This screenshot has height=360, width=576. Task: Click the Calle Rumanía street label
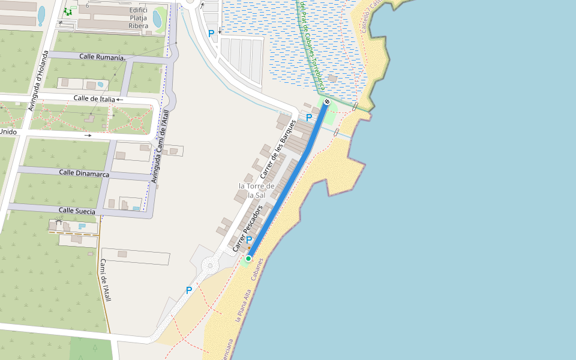pyautogui.click(x=101, y=57)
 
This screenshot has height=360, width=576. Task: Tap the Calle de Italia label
pyautogui.click(x=94, y=98)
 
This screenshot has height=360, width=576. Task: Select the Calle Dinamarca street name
pyautogui.click(x=84, y=173)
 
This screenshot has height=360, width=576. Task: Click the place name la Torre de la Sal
pyautogui.click(x=256, y=190)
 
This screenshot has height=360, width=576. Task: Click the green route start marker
pyautogui.click(x=248, y=259)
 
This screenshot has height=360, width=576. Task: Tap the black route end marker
pyautogui.click(x=327, y=102)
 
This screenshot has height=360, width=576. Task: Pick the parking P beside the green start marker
pyautogui.click(x=249, y=240)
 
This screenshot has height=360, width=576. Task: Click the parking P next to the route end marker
pyautogui.click(x=309, y=118)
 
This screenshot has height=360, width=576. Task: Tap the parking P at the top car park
pyautogui.click(x=211, y=34)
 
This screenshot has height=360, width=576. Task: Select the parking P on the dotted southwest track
pyautogui.click(x=189, y=290)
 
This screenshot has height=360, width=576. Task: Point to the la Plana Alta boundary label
pyautogui.click(x=243, y=306)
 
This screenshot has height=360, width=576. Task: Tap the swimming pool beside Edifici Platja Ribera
pyautogui.click(x=157, y=19)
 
